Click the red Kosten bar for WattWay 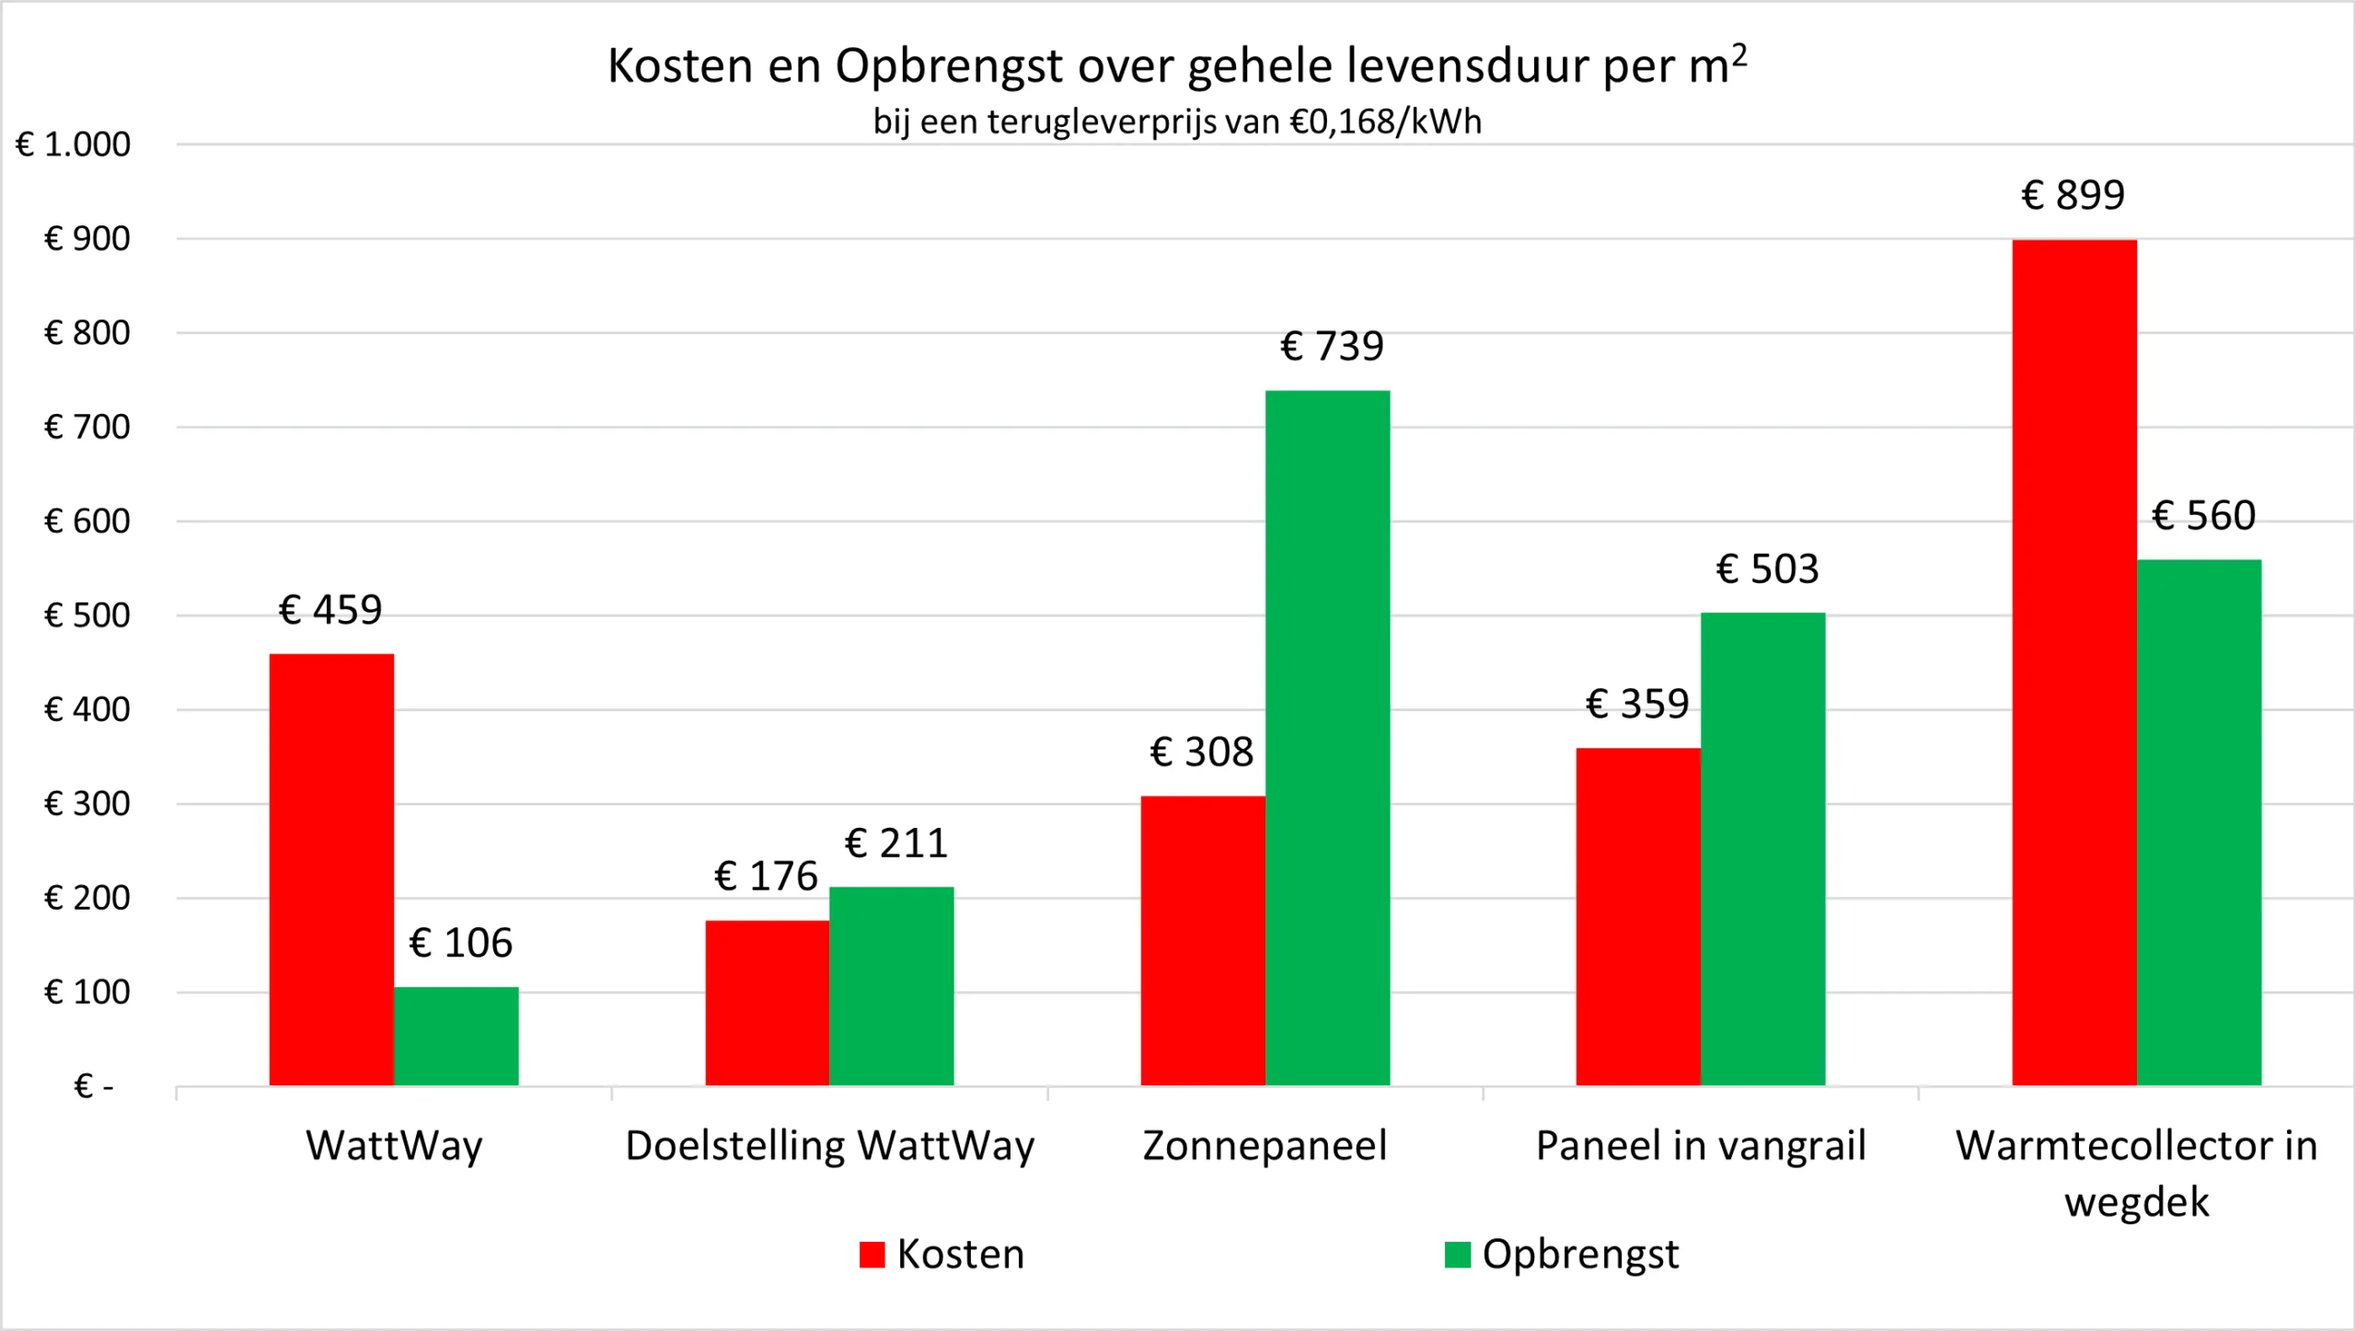point(331,869)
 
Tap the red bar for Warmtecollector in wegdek point(2073,662)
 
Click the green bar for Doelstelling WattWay point(891,986)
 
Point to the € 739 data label point(1332,347)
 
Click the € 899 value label point(2073,195)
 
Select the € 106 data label point(460,943)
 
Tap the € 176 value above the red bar point(766,876)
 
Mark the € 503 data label point(1767,569)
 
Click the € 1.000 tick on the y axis point(74,144)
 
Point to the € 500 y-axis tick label point(87,615)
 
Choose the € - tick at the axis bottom point(93,1086)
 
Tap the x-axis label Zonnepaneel point(1265,1146)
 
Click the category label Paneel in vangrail point(1701,1146)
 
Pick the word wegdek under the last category point(2136,1201)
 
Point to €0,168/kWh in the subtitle point(1386,121)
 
